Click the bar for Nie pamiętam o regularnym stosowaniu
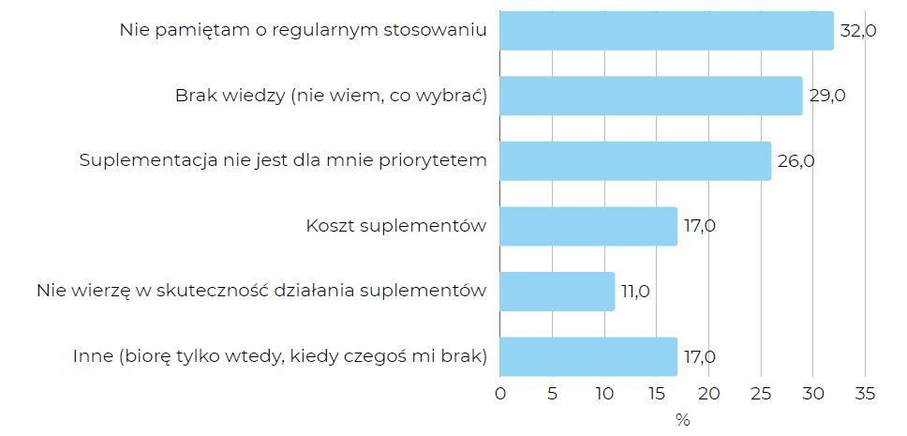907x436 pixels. [666, 30]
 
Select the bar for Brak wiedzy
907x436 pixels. [650, 96]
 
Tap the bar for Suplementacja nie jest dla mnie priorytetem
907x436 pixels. [635, 160]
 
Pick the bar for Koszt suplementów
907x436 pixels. [587, 226]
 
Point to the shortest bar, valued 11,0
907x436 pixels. [557, 291]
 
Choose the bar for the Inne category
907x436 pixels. [587, 356]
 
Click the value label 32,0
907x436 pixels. [858, 31]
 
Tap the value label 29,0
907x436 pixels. [827, 96]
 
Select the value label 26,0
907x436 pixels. [795, 161]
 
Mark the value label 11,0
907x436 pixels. [639, 292]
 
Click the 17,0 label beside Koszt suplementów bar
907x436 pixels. [701, 226]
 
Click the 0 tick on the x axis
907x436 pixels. [499, 392]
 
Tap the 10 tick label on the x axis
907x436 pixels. [603, 392]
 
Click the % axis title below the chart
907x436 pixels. [682, 419]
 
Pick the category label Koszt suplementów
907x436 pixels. [396, 226]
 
